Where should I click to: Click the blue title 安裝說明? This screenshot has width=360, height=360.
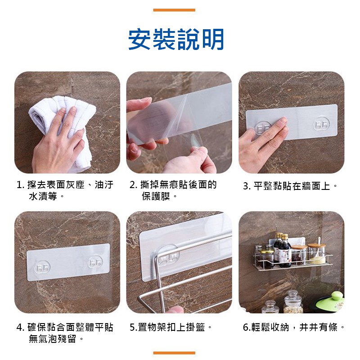tap(176, 39)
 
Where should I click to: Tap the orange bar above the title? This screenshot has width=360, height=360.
tap(174, 10)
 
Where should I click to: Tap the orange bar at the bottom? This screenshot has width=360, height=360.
tap(174, 353)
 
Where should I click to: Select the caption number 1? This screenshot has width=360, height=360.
tap(20, 185)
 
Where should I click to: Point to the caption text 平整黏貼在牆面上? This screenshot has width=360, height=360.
tap(292, 186)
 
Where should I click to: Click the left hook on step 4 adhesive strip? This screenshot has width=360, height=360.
tap(42, 267)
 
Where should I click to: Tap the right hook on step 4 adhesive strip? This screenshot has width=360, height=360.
tap(95, 262)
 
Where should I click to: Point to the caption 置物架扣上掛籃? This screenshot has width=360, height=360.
tap(171, 327)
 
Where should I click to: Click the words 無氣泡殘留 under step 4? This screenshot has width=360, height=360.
tap(53, 339)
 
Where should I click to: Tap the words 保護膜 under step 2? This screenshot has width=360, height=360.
tap(156, 196)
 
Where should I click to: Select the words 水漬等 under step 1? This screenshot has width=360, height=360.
tap(43, 196)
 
